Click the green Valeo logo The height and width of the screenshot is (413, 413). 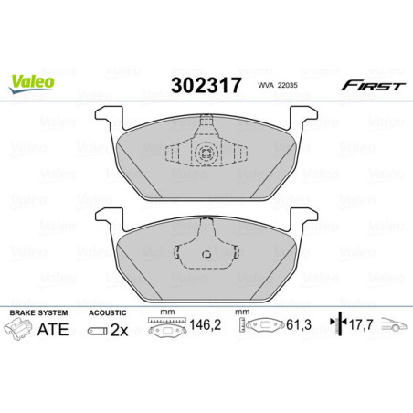pos(33,83)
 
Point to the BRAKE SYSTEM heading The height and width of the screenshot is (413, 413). pos(35,312)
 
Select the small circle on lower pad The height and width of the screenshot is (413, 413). pos(207,256)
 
